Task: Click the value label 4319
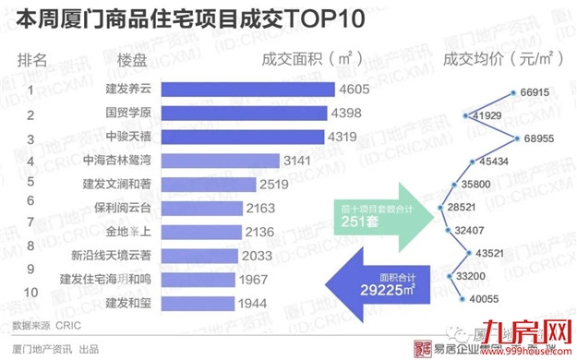tap(347, 137)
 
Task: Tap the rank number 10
tap(31, 294)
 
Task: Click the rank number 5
tap(30, 183)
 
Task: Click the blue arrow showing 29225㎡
tap(387, 281)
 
